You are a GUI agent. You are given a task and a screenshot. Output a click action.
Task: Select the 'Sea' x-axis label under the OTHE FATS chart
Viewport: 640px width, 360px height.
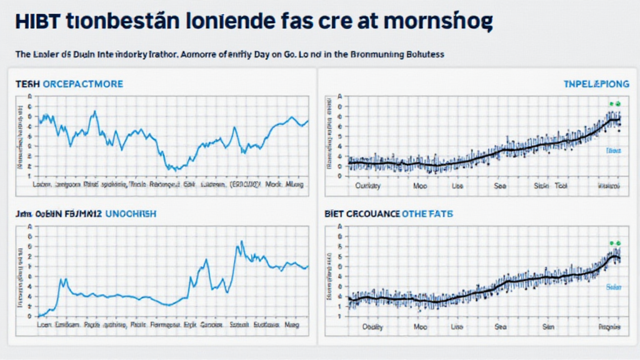(x=501, y=326)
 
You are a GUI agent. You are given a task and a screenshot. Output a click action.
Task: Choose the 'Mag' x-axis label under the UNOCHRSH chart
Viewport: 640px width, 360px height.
(x=292, y=326)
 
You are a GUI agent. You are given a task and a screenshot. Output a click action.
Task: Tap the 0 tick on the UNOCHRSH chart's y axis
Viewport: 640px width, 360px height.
(x=29, y=316)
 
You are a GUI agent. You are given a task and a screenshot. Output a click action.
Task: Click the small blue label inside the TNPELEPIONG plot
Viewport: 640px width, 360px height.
(x=613, y=151)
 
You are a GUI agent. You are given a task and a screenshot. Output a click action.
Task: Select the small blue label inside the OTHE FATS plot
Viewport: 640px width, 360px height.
(x=613, y=287)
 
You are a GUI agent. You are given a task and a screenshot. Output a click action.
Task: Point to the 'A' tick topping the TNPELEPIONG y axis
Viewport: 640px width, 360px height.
(x=340, y=97)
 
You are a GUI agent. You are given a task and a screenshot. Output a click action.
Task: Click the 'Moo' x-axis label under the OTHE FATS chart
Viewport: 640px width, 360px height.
(x=420, y=326)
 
